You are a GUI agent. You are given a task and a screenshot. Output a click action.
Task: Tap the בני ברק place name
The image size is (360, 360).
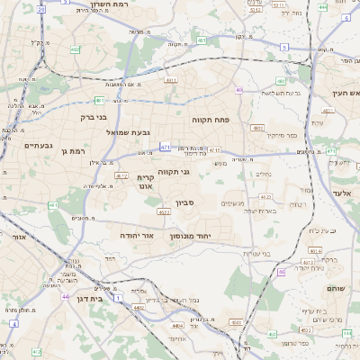[x=89, y=116]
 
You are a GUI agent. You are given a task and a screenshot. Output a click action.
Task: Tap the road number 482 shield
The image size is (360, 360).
[x=75, y=50]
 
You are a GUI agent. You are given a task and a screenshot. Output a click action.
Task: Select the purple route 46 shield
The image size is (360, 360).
[x=282, y=272]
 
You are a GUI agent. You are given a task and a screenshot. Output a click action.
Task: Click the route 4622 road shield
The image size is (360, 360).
[x=163, y=212]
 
